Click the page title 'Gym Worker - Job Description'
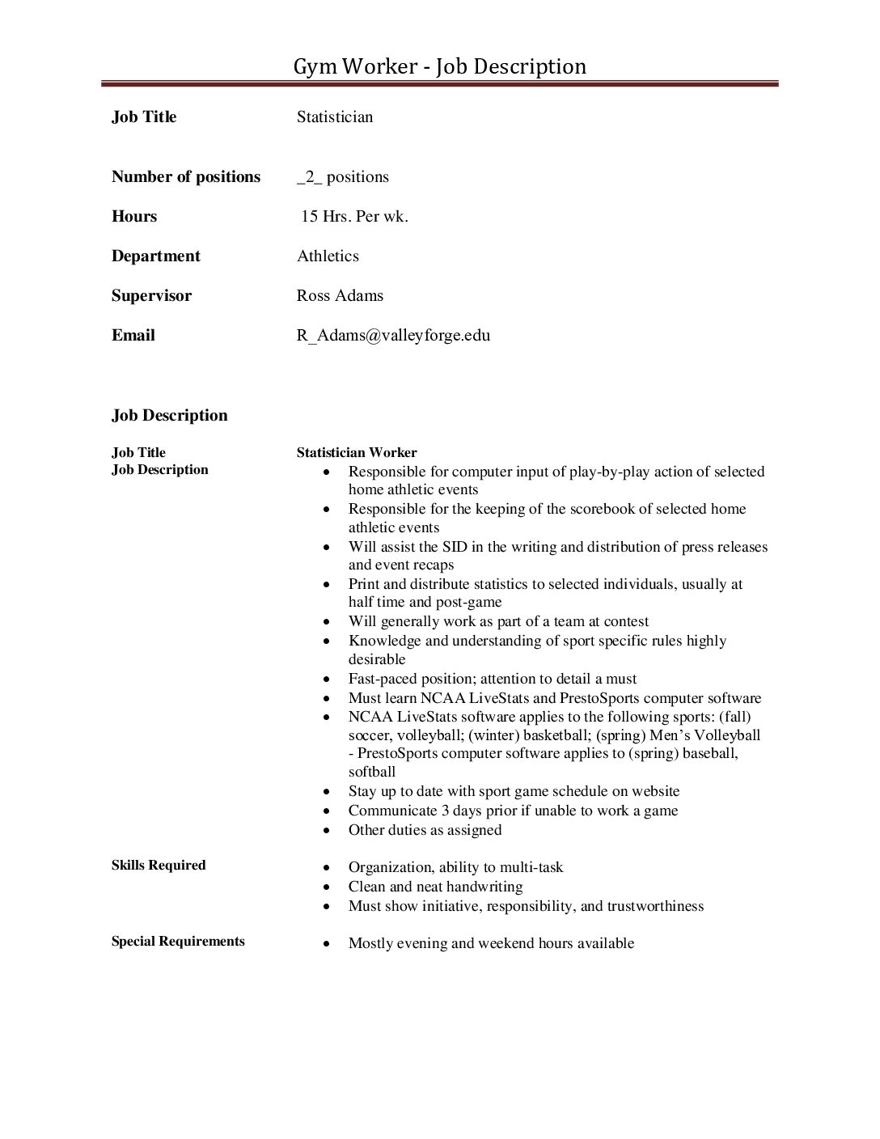point(439,66)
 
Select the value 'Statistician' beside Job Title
point(335,116)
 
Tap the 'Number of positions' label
point(186,176)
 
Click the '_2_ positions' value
point(343,176)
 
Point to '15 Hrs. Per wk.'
point(354,216)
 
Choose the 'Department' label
point(156,256)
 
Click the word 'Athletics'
point(328,256)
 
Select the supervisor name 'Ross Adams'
point(340,295)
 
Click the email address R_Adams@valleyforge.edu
point(393,335)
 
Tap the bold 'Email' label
point(133,335)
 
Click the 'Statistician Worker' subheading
point(357,452)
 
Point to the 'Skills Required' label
point(159,865)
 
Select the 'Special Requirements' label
point(178,941)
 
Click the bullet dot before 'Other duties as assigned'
point(326,831)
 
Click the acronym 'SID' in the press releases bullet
point(455,547)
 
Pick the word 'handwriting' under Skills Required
point(484,887)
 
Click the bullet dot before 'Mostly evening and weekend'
point(326,944)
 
